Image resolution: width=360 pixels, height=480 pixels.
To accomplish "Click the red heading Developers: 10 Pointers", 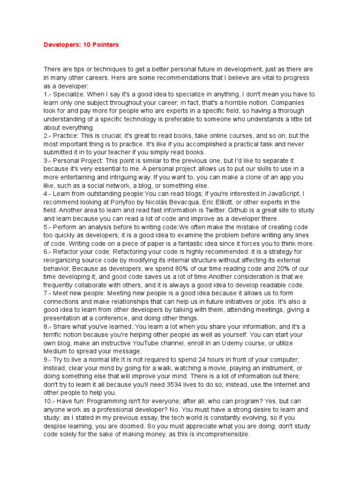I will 81,45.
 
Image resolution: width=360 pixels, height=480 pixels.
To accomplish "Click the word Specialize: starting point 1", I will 71,94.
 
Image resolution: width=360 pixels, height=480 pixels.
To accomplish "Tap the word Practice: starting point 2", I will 67,135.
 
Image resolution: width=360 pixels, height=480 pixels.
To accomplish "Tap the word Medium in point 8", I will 55,352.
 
